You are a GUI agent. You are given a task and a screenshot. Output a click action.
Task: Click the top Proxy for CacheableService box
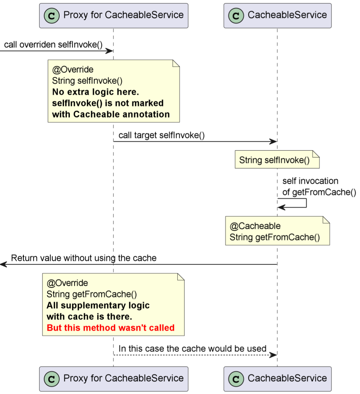click(113, 15)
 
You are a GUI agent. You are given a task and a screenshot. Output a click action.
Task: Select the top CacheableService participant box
click(277, 15)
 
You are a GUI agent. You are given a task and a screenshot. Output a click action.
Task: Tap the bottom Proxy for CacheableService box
click(113, 379)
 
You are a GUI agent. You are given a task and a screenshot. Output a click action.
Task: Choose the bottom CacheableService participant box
click(277, 379)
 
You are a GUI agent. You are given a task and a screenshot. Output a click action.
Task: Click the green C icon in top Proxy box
click(52, 16)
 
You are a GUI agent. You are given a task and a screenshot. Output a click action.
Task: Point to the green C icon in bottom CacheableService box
click(236, 379)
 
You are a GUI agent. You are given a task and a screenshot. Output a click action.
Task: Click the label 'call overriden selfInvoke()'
click(53, 45)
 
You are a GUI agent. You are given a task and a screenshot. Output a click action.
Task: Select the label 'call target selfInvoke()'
click(161, 135)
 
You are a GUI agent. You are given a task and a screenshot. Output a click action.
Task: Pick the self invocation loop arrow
click(305, 203)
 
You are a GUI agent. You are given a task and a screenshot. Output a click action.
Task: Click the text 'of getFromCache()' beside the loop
click(319, 192)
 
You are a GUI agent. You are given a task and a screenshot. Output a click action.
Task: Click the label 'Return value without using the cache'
click(83, 258)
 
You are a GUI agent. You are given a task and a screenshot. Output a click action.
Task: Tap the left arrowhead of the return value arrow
click(3, 264)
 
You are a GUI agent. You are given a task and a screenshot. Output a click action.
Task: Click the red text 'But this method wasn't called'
click(110, 327)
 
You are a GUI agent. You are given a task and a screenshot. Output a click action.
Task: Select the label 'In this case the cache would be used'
click(192, 348)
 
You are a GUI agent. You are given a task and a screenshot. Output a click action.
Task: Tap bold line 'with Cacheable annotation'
click(111, 114)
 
